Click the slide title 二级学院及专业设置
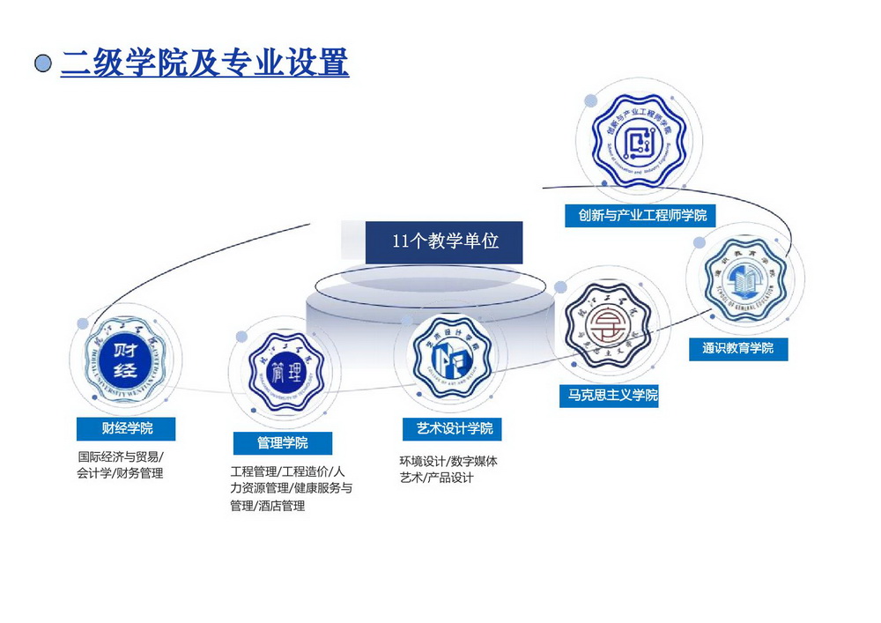click(204, 63)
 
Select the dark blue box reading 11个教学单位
click(444, 241)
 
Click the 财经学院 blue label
click(126, 428)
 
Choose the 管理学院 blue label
click(282, 442)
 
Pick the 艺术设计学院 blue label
click(454, 428)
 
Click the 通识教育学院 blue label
click(737, 348)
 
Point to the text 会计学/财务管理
click(120, 473)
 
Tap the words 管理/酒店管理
click(267, 506)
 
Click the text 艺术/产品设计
click(436, 478)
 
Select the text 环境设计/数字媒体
click(448, 461)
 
